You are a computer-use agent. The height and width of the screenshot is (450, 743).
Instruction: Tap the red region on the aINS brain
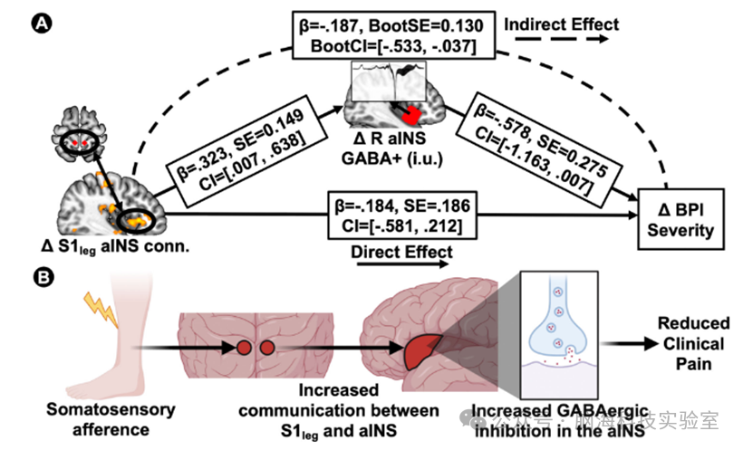pyautogui.click(x=412, y=115)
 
